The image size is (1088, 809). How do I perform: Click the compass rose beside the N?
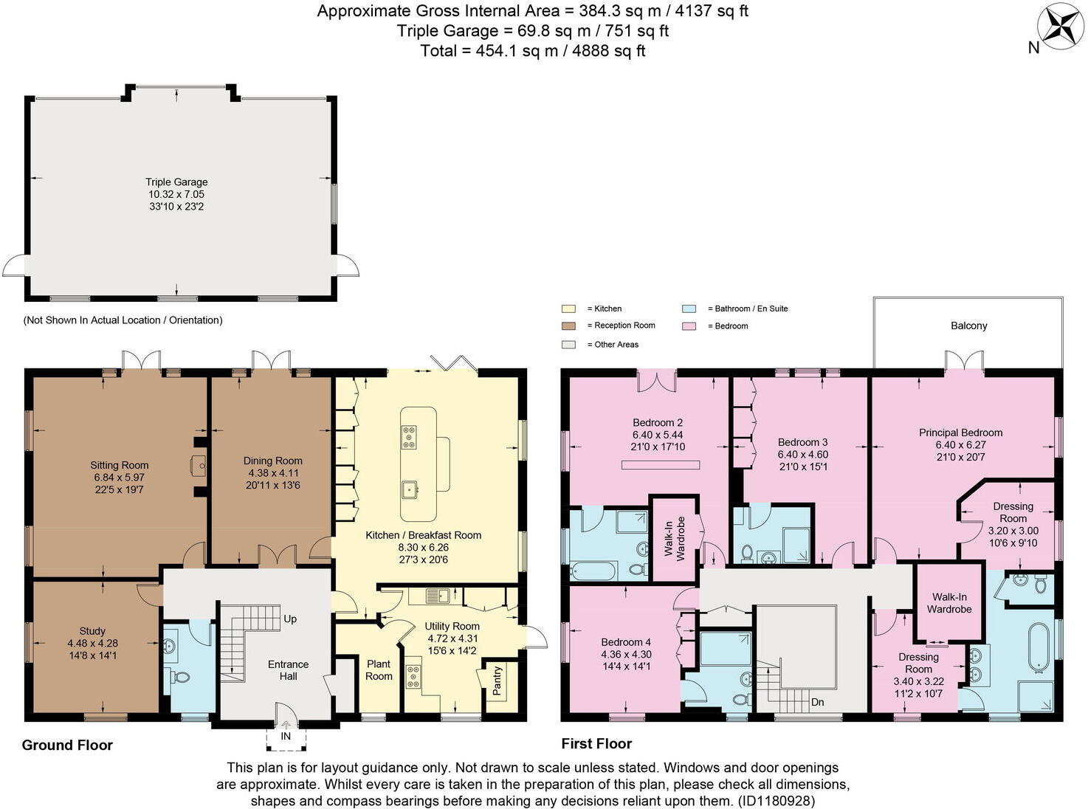(x=1061, y=27)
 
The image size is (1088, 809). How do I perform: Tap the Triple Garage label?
(x=176, y=182)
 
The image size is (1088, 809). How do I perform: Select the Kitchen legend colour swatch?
(x=568, y=309)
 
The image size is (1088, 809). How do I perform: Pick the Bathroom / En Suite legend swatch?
(x=689, y=309)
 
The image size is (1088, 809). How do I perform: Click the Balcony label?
(x=968, y=326)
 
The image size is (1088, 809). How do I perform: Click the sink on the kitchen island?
(x=408, y=488)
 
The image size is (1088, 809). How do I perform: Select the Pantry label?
(x=497, y=681)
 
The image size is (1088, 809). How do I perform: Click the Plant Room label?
(x=379, y=670)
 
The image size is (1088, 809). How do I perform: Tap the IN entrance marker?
(x=286, y=736)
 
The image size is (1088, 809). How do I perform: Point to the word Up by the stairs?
(x=290, y=619)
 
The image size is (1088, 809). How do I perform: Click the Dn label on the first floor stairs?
(x=817, y=702)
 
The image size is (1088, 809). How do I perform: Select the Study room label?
(x=92, y=631)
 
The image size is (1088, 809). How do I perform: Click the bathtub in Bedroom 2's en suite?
(x=593, y=571)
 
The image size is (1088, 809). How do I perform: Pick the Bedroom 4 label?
(x=626, y=642)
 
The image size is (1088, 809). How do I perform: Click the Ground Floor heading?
(x=67, y=745)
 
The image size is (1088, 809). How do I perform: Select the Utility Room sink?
(x=438, y=595)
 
